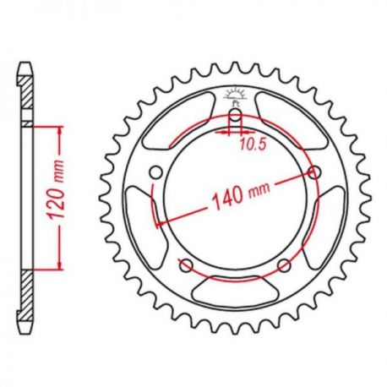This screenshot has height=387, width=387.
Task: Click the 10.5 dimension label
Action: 253,144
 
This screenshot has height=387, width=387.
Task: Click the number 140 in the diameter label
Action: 227,199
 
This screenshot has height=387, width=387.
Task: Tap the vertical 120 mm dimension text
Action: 56,190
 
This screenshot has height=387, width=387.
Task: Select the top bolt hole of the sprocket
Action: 235,115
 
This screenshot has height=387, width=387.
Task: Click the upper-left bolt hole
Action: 155,172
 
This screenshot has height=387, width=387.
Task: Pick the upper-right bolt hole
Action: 314,172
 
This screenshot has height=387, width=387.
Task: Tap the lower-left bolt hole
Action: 186,265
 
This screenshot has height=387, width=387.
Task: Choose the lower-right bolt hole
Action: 284,265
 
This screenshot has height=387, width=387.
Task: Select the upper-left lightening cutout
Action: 176,121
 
